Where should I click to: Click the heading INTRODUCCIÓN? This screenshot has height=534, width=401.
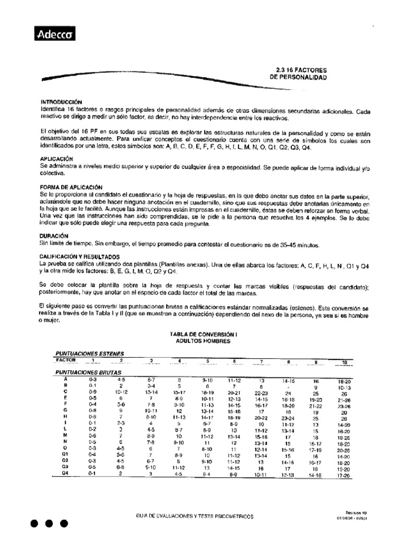pyautogui.click(x=61, y=102)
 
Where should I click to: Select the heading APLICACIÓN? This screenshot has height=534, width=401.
pyautogui.click(x=57, y=159)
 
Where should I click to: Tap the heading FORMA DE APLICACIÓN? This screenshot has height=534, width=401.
pyautogui.click(x=72, y=187)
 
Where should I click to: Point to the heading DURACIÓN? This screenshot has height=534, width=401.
pyautogui.click(x=55, y=236)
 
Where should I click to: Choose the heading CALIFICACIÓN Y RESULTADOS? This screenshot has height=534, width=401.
pyautogui.click(x=80, y=257)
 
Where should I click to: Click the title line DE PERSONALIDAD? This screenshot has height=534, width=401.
pyautogui.click(x=298, y=77)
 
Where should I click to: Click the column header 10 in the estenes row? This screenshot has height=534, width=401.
pyautogui.click(x=344, y=362)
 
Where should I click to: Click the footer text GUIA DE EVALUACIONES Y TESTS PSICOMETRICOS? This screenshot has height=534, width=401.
pyautogui.click(x=194, y=516)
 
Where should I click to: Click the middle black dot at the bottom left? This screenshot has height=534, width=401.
pyautogui.click(x=48, y=523)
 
